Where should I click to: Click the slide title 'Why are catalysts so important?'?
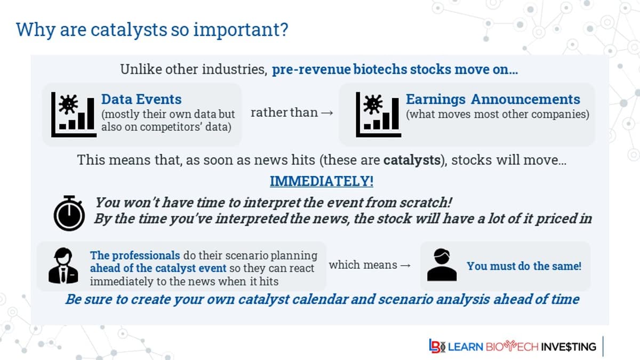tap(152, 29)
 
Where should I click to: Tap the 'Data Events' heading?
tap(141, 99)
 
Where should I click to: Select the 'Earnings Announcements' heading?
tap(493, 99)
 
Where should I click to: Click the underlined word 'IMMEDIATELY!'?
tap(322, 181)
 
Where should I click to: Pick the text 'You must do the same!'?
tap(524, 266)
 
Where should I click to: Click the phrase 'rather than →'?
tap(292, 113)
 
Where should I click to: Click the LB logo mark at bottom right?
tap(436, 346)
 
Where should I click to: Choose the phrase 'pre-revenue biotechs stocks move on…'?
tap(395, 70)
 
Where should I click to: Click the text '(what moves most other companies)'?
tap(497, 114)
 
